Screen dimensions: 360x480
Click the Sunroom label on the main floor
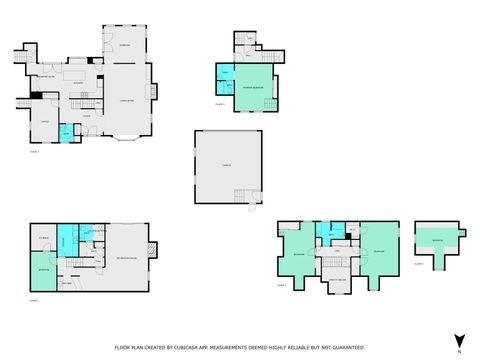124,47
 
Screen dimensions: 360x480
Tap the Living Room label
127,99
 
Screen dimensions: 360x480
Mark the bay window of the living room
127,137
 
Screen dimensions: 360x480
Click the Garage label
228,167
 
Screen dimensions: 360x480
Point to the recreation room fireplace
151,248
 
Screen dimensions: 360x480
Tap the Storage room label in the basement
43,237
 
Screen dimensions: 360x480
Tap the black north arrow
459,341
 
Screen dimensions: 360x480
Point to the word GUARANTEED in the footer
347,347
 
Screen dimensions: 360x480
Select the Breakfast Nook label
46,76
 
